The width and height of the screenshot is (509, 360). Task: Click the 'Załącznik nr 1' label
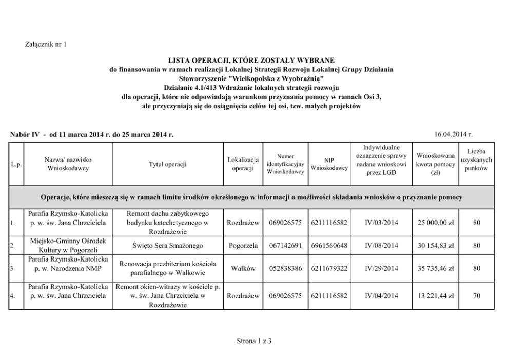[x=46, y=44]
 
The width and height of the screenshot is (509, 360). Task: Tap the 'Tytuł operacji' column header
[x=168, y=164]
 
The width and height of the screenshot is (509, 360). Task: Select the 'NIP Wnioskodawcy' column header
[x=329, y=164]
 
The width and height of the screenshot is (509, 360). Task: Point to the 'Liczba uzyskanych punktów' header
[x=476, y=160]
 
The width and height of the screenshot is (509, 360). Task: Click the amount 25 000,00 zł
[x=435, y=223]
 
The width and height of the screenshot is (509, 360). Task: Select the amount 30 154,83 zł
[x=435, y=245]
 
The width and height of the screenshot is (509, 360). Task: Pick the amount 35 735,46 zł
[x=435, y=268]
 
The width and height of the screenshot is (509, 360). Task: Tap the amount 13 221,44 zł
[x=435, y=296]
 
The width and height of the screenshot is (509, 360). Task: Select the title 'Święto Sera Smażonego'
[x=168, y=245]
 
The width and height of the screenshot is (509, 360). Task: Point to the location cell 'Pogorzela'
[x=243, y=245]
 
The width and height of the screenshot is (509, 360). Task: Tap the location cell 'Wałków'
[x=243, y=268]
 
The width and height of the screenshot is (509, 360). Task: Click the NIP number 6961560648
[x=329, y=245]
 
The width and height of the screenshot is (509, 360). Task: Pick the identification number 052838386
[x=286, y=268]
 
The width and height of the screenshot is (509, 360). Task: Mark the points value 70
[x=477, y=296]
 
